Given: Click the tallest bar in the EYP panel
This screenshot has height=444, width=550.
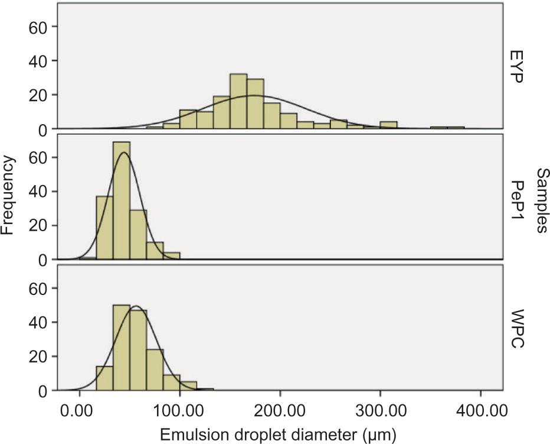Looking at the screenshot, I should coord(238,101).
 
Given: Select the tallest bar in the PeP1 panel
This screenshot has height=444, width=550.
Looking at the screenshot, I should coord(122,200).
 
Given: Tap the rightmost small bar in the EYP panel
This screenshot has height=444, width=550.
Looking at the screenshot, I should coord(456,128).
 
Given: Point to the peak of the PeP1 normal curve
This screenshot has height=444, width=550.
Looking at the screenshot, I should coord(123,153).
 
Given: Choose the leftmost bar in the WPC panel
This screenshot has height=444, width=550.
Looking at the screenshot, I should coord(104,378).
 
